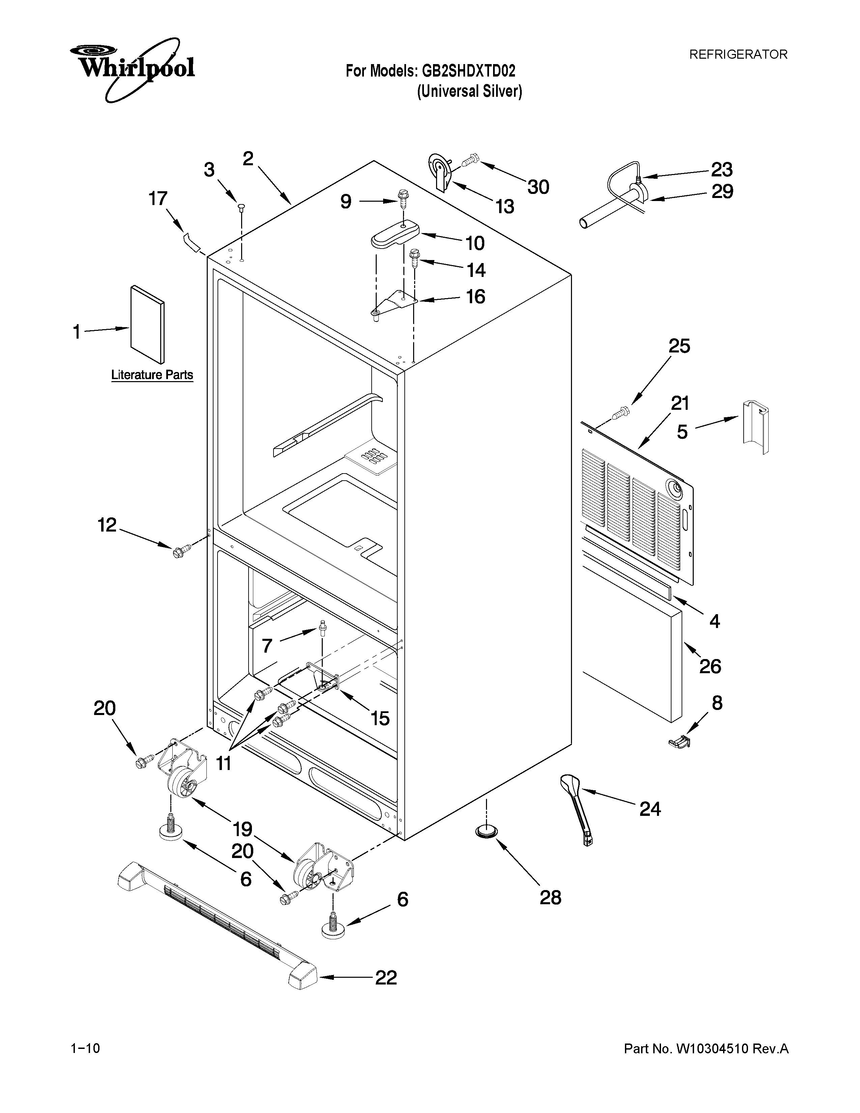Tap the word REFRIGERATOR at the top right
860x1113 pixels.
point(738,55)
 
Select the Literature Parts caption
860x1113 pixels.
point(152,375)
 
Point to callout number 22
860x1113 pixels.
point(386,977)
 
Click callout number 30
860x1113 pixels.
point(538,187)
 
